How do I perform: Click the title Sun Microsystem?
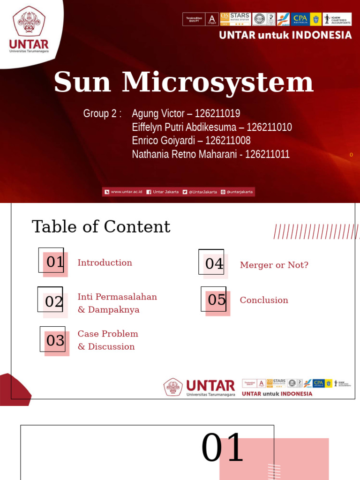[x=183, y=82]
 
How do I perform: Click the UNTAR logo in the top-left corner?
[x=29, y=29]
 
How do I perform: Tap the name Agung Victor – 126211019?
[x=186, y=113]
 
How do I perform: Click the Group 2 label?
[x=102, y=113]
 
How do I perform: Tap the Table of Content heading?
[x=101, y=227]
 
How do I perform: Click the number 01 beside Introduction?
[x=54, y=262]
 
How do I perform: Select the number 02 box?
[x=53, y=301]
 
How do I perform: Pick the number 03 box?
[x=55, y=340]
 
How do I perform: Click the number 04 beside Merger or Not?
[x=214, y=264]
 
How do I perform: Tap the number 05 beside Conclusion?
[x=216, y=300]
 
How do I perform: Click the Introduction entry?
[x=105, y=263]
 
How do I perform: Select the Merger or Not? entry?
[x=274, y=265]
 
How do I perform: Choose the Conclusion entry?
[x=264, y=300]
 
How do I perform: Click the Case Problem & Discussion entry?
[x=108, y=340]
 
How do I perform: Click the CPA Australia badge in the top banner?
[x=300, y=19]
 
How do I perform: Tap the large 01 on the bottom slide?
[x=222, y=448]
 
